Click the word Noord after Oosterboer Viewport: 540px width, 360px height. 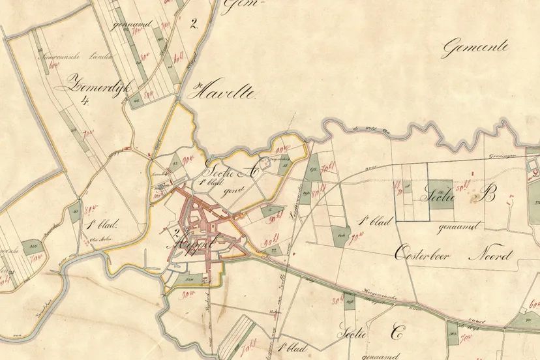pos(490,255)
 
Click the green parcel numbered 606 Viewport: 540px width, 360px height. pos(341,235)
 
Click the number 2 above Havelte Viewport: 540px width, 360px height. pos(193,24)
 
